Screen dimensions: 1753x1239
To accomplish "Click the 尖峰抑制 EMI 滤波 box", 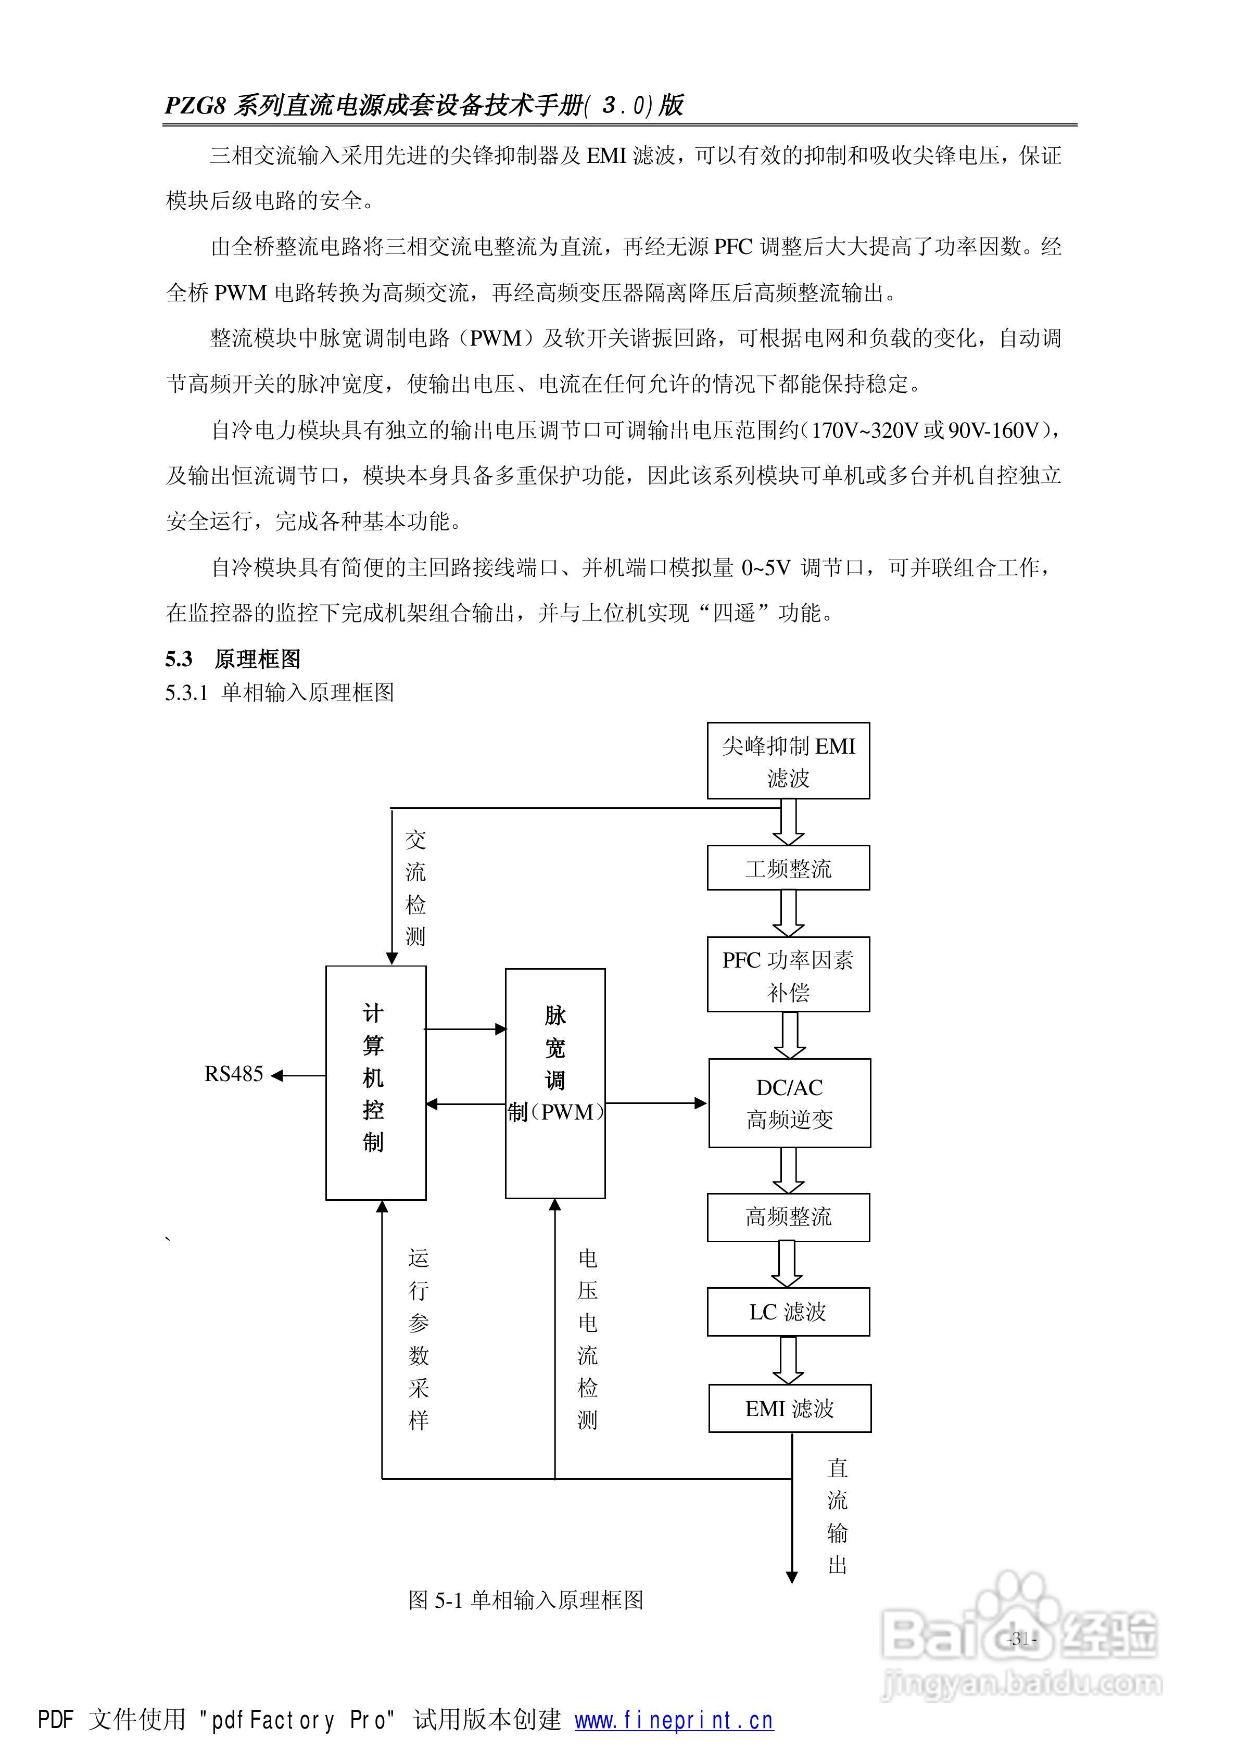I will click(x=788, y=760).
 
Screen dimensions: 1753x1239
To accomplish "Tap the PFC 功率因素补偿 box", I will click(x=788, y=974).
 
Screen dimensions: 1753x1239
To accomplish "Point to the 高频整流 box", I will click(x=788, y=1217).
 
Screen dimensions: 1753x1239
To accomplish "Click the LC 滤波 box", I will click(x=788, y=1312).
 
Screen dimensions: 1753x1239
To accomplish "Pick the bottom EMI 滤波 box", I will click(x=789, y=1408).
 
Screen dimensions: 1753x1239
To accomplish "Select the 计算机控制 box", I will click(x=375, y=1083).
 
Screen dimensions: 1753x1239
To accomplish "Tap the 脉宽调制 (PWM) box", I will click(x=555, y=1083).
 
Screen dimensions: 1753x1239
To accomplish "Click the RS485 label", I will click(x=233, y=1074).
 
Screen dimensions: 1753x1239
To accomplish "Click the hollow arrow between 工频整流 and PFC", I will click(x=788, y=913).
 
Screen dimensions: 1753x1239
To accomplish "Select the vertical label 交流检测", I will click(x=415, y=888).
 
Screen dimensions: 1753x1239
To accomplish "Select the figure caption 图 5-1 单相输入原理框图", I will click(x=526, y=1599).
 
